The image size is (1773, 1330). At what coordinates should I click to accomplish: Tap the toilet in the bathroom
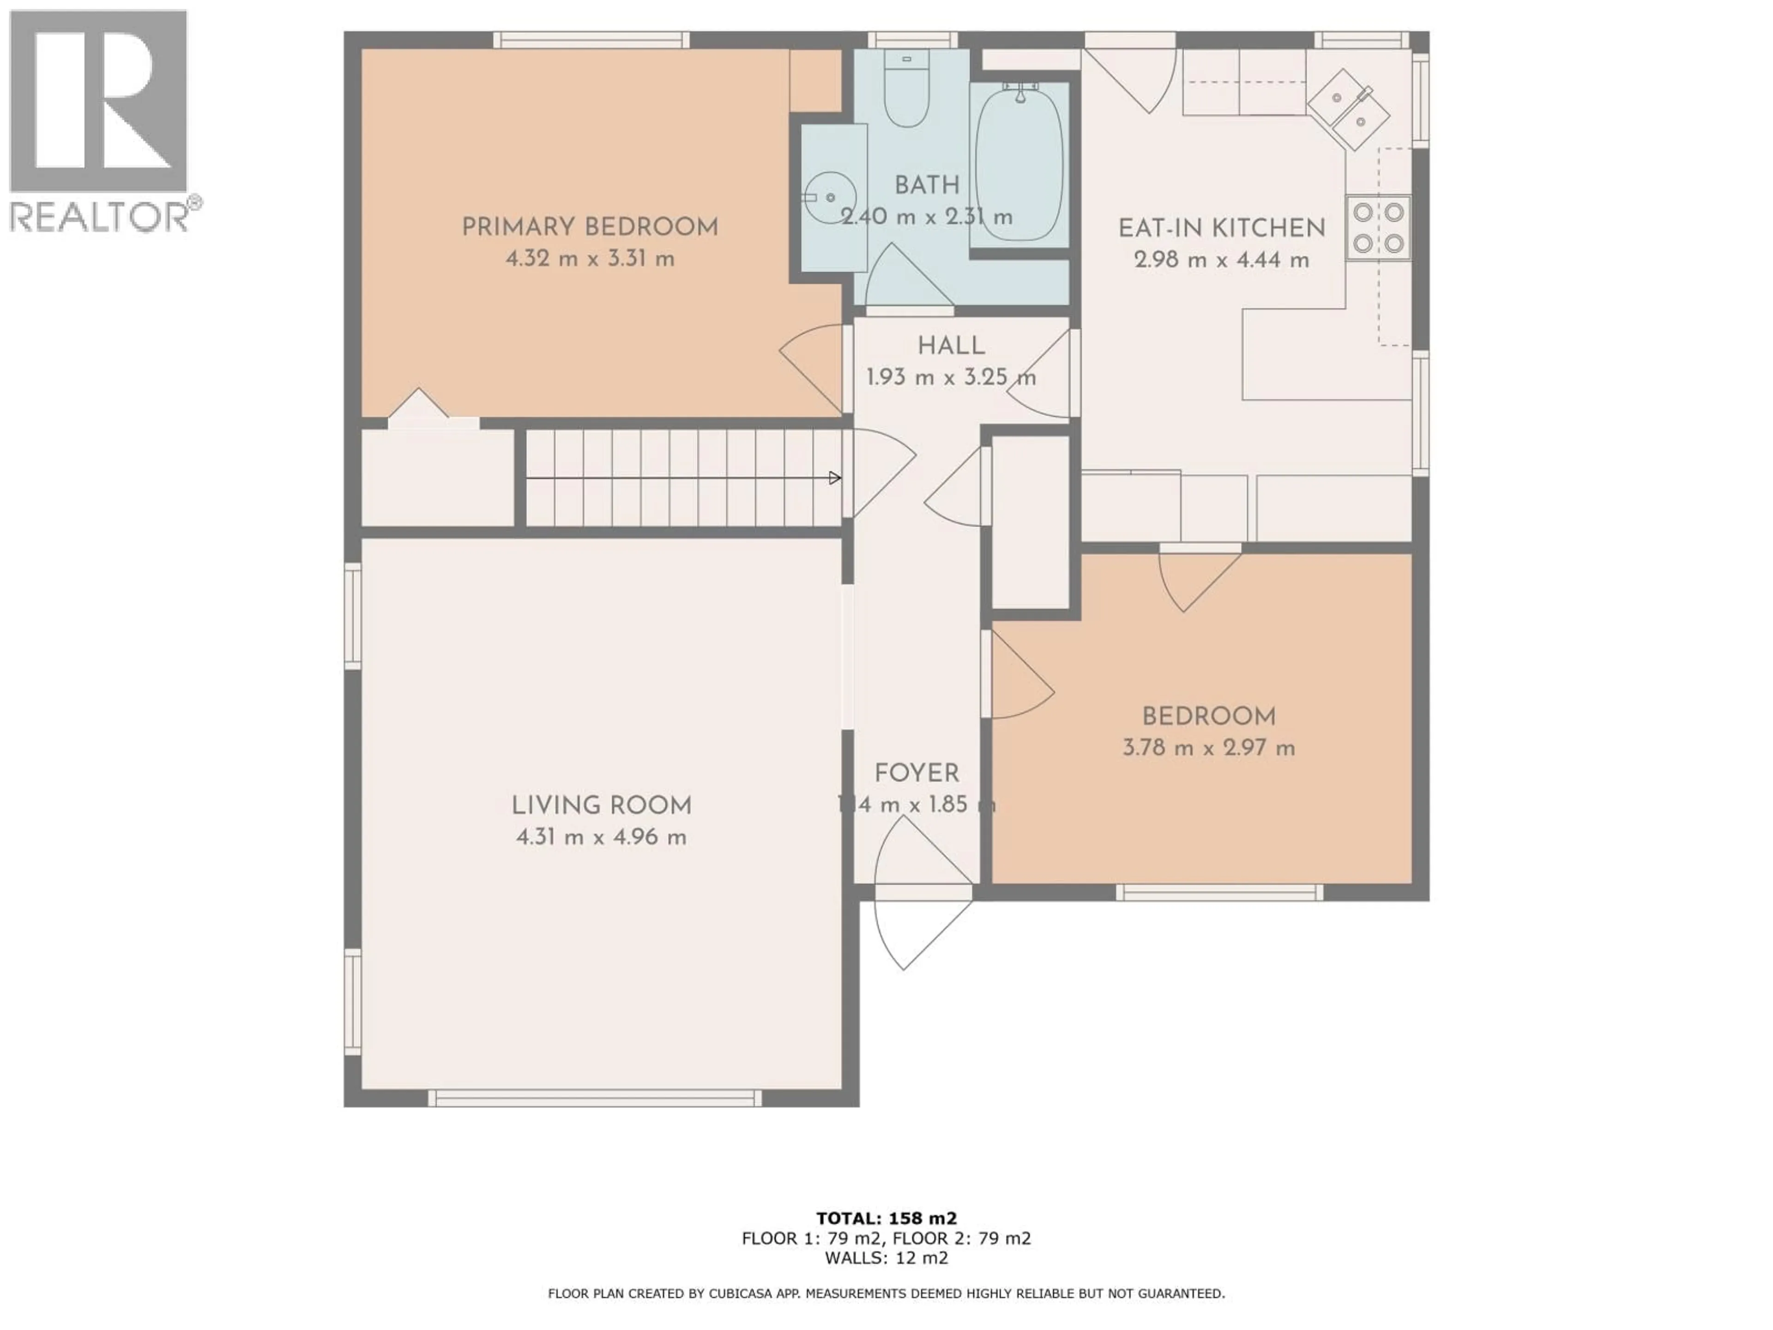tap(906, 92)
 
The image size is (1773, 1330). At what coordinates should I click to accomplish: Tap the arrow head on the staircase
tap(834, 478)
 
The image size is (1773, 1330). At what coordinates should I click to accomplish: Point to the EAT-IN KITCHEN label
tap(1222, 229)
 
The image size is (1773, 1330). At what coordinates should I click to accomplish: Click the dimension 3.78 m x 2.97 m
tap(1208, 748)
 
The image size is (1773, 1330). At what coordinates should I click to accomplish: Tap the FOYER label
tap(916, 774)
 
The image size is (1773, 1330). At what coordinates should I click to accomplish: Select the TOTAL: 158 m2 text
tap(886, 1219)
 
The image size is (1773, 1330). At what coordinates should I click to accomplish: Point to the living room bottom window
tap(595, 1098)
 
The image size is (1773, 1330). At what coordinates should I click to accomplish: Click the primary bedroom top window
tap(591, 40)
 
